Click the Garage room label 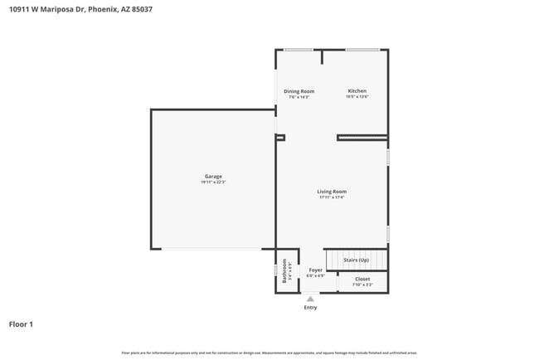(213, 176)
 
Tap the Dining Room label (299, 91)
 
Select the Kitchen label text (357, 91)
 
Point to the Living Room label (332, 192)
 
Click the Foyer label (315, 270)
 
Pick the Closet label (362, 279)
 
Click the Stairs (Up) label (357, 260)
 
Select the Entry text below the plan (310, 308)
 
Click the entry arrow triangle (310, 299)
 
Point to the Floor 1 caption (21, 324)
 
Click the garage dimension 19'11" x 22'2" (213, 182)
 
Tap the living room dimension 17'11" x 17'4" (332, 197)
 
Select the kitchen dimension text (357, 97)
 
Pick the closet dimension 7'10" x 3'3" (362, 285)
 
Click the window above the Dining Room (298, 50)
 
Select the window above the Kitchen (362, 50)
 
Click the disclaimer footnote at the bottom (269, 353)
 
